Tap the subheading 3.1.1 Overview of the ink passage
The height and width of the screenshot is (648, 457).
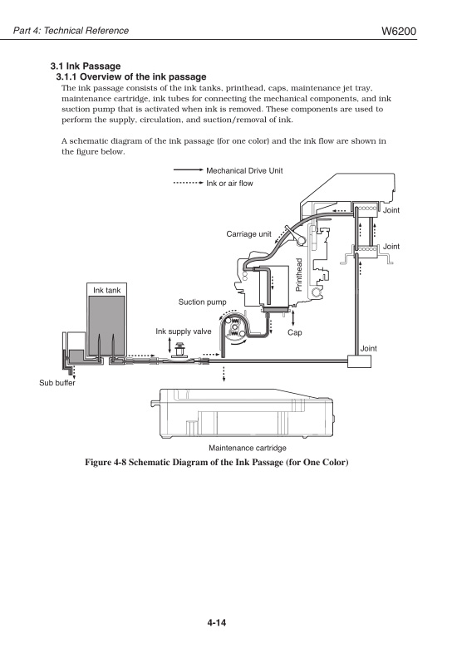[x=130, y=76]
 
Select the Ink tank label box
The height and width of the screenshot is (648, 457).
[x=106, y=290]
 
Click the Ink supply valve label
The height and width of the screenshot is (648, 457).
[x=184, y=331]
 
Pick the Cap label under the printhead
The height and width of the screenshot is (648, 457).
[x=293, y=332]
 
